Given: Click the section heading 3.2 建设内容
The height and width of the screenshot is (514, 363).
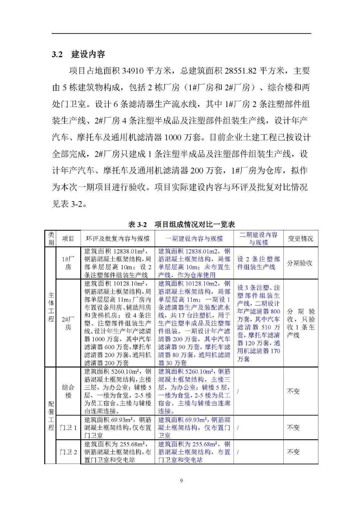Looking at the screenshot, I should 79,54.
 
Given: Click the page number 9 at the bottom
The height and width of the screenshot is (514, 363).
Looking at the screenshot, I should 181,481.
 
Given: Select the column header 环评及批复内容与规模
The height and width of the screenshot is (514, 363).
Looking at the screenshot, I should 117,239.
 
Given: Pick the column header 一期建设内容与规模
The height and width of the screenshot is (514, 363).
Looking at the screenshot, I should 194,239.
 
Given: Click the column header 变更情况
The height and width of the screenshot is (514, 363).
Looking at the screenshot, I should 300,239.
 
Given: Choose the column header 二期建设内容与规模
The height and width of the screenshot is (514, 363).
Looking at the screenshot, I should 258,239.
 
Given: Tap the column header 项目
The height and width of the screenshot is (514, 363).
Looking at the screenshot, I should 68,239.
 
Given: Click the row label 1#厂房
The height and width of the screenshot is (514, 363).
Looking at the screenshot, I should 68,263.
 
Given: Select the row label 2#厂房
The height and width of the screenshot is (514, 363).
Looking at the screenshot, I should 68,323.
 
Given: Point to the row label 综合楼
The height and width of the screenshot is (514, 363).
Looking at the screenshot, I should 68,391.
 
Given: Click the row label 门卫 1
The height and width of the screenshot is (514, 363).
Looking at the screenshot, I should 68,428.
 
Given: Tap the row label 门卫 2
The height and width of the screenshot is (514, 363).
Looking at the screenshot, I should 68,452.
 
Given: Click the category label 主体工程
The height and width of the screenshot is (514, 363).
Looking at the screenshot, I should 51,307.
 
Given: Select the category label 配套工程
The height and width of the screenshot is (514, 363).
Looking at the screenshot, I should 51,415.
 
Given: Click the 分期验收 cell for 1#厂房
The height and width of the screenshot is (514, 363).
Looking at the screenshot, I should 299,263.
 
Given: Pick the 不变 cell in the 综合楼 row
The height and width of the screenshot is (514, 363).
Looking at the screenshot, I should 293,391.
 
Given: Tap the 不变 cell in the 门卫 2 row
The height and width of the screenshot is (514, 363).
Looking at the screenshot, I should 293,452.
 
